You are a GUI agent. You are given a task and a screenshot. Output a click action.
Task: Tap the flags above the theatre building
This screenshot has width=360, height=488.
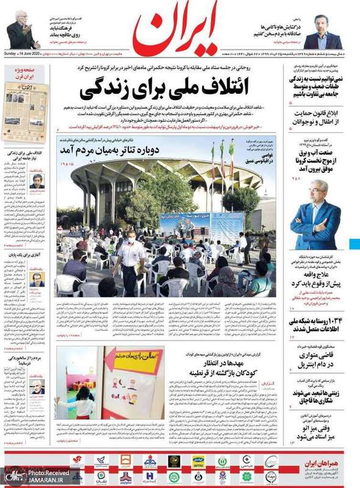point(223,150)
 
